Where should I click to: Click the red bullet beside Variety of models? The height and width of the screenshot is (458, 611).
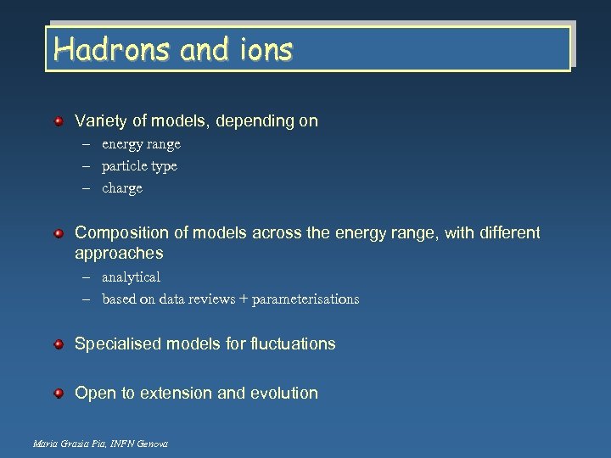(59, 122)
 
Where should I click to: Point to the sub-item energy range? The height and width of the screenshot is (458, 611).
(141, 144)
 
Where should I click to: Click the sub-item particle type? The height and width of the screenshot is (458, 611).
(139, 166)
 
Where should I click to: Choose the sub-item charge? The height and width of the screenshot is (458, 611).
(122, 188)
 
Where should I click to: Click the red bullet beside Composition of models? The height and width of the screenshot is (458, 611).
(59, 232)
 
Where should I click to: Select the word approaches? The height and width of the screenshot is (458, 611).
(119, 254)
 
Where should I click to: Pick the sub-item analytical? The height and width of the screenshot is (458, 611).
(131, 276)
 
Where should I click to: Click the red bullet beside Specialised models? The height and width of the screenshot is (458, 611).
(59, 344)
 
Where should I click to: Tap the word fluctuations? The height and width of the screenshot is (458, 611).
(292, 343)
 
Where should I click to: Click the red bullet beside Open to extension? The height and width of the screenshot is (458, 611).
(59, 394)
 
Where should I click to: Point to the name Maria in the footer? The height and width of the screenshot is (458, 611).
(41, 444)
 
